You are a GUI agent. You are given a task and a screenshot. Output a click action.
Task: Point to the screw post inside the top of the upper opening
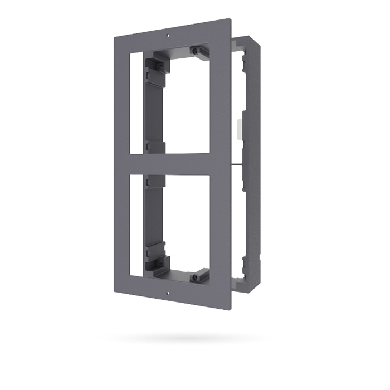[196, 51]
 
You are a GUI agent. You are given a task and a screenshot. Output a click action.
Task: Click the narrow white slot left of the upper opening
[136, 103]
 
